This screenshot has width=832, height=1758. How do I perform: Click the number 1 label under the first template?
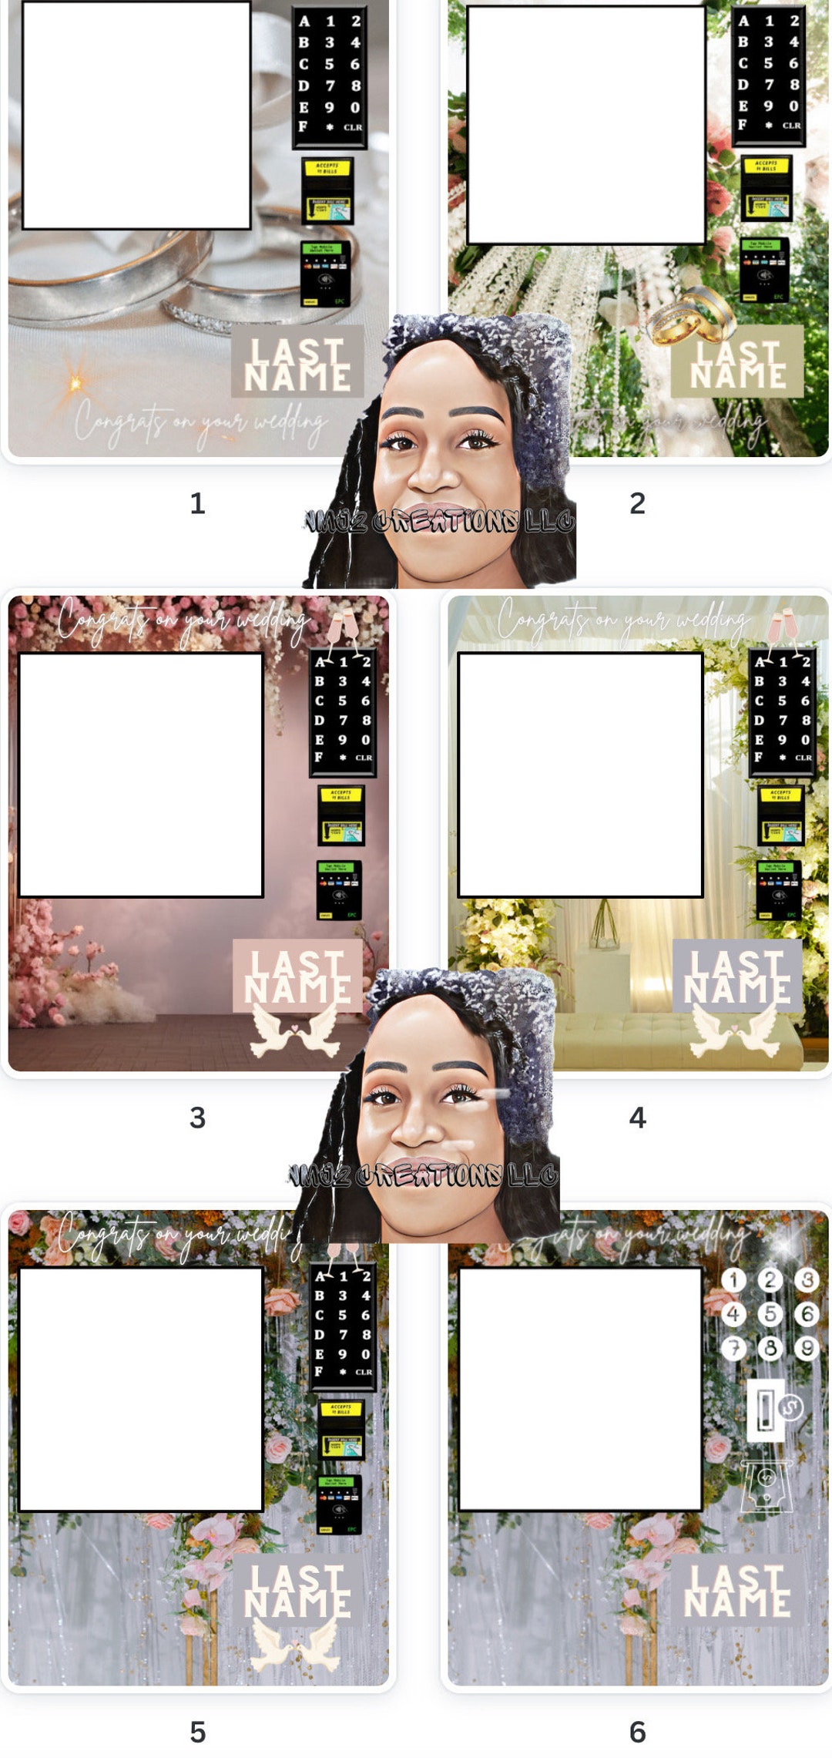198,503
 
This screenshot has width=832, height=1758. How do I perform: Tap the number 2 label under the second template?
637,503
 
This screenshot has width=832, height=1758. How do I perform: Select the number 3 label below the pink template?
198,1118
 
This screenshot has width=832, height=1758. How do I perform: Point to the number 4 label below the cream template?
637,1118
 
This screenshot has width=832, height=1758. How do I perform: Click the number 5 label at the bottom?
198,1732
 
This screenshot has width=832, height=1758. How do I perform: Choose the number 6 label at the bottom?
637,1732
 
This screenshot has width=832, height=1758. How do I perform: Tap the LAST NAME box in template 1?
297,362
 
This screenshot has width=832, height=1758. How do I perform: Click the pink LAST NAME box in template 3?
297,976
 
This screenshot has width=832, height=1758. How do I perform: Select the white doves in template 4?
736,1031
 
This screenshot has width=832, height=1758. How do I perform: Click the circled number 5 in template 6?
770,1313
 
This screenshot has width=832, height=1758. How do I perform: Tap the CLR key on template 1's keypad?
353,127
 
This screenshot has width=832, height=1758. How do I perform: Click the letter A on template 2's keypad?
743,21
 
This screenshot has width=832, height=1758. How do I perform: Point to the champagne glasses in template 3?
344,625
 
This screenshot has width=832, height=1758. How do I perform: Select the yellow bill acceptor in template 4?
781,815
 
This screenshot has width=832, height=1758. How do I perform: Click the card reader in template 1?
325,274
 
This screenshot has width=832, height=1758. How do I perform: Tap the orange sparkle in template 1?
75,382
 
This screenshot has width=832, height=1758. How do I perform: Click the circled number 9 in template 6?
806,1347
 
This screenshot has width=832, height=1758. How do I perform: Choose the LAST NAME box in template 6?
737,1590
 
